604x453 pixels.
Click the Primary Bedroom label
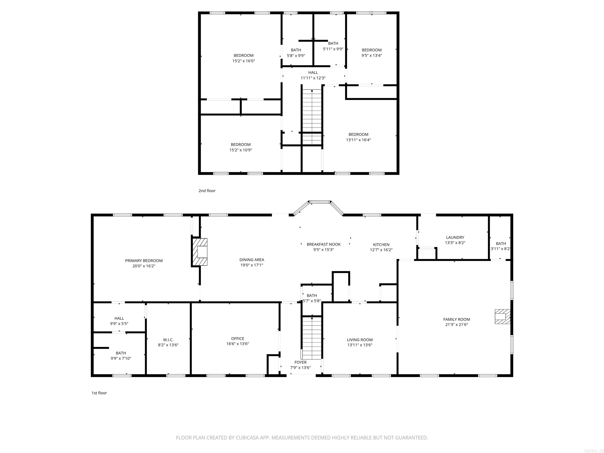coord(144,261)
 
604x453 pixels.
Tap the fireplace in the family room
coord(502,317)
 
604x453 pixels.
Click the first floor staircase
coord(312,338)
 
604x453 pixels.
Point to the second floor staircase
coord(312,115)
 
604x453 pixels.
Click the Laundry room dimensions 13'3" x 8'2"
coord(455,242)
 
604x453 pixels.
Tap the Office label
coord(237,338)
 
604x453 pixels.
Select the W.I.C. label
coord(168,340)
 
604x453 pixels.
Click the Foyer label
coord(300,362)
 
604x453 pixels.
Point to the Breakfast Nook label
coord(324,244)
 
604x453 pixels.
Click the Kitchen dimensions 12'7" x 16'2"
coord(381,250)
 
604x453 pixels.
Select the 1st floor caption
coord(99,393)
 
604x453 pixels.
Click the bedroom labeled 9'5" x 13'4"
coord(372,52)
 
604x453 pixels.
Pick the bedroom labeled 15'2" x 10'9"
coord(241,147)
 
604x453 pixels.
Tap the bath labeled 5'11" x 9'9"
coord(333,46)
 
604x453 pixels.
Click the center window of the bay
coord(320,202)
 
